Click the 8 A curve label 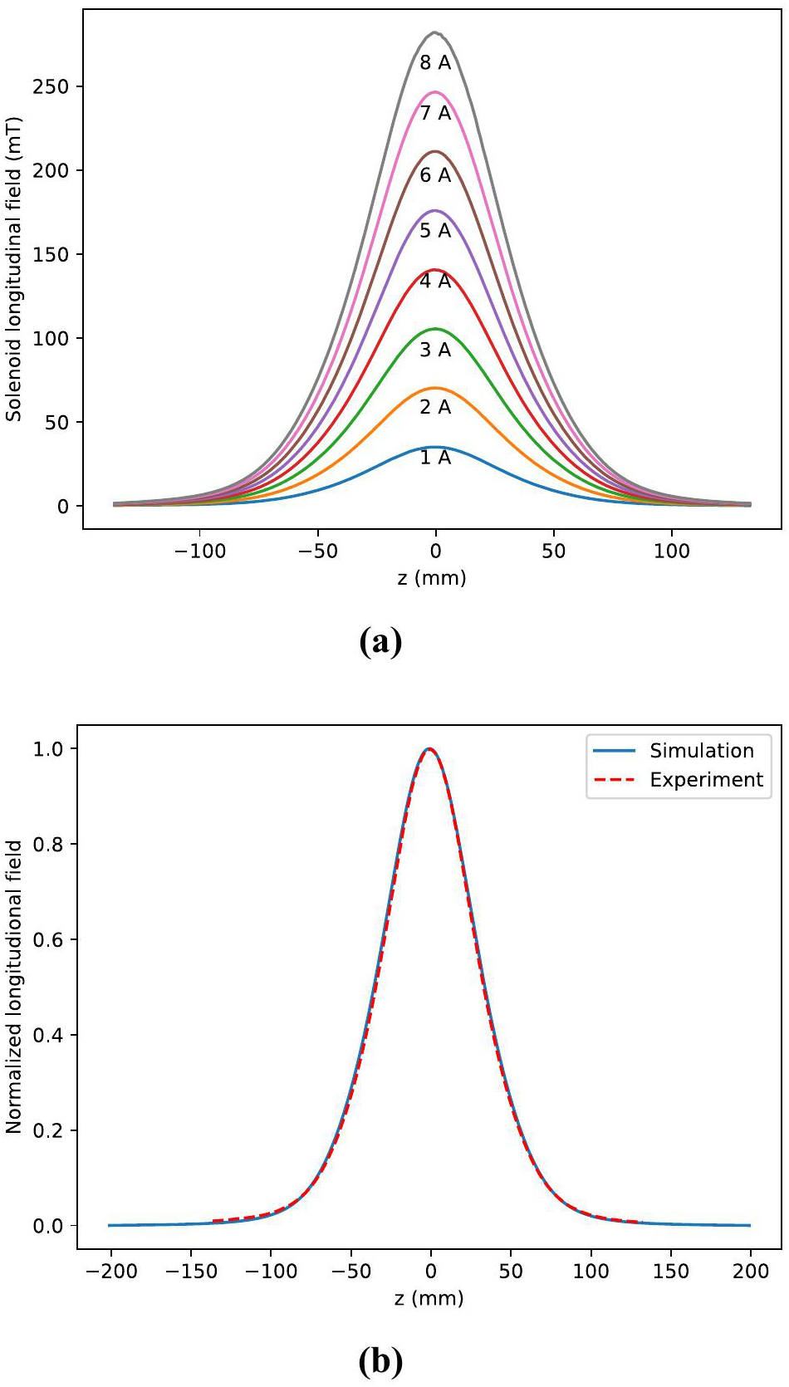435,63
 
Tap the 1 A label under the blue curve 435,458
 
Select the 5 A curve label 435,231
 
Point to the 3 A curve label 435,350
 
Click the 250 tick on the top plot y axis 51,86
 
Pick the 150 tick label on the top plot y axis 51,255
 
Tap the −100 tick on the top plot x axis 199,551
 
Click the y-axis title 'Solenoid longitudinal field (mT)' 14,269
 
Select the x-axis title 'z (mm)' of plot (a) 432,577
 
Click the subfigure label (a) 380,642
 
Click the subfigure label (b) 380,1361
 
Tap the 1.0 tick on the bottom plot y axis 48,749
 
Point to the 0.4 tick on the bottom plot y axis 48,1035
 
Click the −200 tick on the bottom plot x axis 110,1271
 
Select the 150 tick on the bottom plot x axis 670,1271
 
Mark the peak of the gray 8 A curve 434,32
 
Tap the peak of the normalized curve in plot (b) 429,748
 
